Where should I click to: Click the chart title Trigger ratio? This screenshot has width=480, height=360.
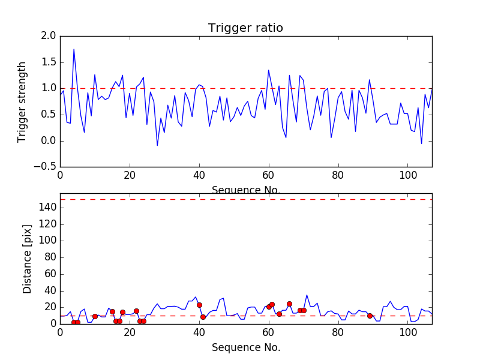(x=245, y=28)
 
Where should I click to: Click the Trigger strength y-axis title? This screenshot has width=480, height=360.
(x=22, y=101)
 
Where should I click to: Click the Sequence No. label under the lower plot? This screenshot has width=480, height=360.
(x=245, y=347)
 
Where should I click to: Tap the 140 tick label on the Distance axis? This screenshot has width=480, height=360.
(x=47, y=208)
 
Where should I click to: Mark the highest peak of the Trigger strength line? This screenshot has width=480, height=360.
(x=74, y=49)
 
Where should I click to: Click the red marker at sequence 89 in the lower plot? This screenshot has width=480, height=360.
(x=370, y=316)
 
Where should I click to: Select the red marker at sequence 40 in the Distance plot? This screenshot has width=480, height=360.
(x=199, y=305)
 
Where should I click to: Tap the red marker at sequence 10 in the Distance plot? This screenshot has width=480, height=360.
(x=95, y=316)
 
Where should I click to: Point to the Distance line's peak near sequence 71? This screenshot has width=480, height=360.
(x=307, y=295)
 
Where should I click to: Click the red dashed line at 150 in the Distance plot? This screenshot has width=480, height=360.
(x=245, y=199)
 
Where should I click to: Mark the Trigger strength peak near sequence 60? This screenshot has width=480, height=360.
(x=269, y=70)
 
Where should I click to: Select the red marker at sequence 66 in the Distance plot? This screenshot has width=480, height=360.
(x=289, y=304)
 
